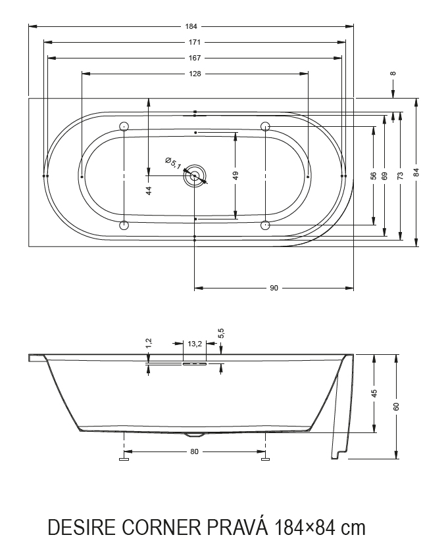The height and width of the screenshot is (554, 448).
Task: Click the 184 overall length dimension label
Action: pos(191,26)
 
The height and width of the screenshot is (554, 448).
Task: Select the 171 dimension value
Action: pos(195,42)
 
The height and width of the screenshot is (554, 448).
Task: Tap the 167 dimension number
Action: pos(195,58)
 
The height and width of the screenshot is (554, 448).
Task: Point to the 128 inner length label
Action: pos(195,74)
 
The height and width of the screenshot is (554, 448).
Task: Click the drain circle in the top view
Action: pos(195,175)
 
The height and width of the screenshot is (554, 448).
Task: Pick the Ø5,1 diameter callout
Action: pos(173,162)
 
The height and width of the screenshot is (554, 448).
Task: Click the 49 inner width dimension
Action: pos(236,175)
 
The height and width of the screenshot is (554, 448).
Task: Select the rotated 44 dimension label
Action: pos(149,191)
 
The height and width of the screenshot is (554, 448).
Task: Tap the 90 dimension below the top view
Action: pos(274,288)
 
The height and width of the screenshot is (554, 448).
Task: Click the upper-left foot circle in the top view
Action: pos(124,126)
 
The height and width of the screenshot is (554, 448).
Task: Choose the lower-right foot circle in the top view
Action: pos(265,225)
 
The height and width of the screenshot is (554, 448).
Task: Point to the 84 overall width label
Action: pos(416,172)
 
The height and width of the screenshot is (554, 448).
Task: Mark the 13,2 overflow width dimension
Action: pos(195,344)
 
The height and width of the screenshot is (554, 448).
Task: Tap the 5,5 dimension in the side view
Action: pos(221,334)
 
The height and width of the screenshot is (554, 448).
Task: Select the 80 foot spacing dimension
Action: pos(195,451)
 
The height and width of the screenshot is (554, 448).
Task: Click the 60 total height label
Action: pos(396,406)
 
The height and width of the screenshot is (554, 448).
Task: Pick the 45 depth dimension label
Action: pos(375,393)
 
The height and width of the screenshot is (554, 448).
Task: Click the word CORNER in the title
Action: pos(161,528)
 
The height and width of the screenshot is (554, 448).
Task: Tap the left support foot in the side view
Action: pos(124,459)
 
